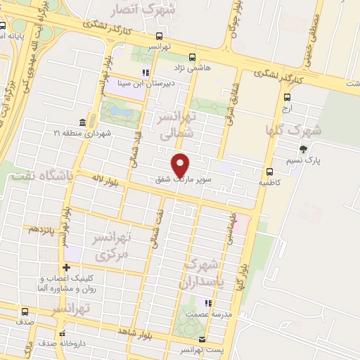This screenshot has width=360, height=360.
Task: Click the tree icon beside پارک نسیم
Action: pyautogui.click(x=303, y=148)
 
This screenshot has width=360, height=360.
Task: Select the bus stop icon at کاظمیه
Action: pyautogui.click(x=269, y=172)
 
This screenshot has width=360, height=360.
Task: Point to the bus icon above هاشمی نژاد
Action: pyautogui.click(x=193, y=58)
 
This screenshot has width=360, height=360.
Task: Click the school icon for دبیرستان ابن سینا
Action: pyautogui.click(x=146, y=72)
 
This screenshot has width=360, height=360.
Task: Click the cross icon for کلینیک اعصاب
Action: pyautogui.click(x=66, y=267)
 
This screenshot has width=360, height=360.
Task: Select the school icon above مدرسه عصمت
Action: pyautogui.click(x=207, y=304)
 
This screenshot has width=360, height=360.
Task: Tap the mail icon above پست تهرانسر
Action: pyautogui.click(x=202, y=339)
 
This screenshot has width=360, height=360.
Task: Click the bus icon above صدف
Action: pyautogui.click(x=26, y=311)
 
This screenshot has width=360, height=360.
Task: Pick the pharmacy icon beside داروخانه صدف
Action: pyautogui.click(x=62, y=334)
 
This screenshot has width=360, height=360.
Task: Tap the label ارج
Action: pyautogui.click(x=286, y=109)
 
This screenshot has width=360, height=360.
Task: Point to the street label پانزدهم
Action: pyautogui.click(x=41, y=229)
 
